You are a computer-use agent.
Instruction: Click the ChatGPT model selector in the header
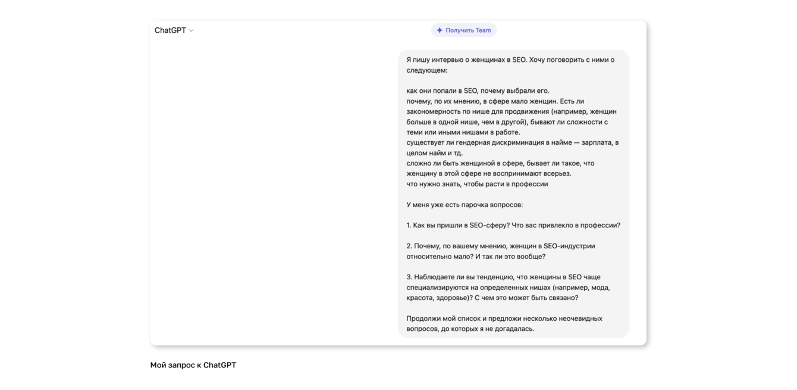pyautogui.click(x=171, y=30)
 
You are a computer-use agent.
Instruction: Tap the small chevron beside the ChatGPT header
pyautogui.click(x=192, y=30)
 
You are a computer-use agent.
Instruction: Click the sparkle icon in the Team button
pyautogui.click(x=440, y=30)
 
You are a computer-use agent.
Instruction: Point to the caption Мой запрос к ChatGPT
pyautogui.click(x=193, y=365)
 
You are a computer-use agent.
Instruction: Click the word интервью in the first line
pyautogui.click(x=451, y=60)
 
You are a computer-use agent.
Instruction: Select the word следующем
pyautogui.click(x=426, y=70)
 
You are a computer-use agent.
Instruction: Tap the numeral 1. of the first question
pyautogui.click(x=409, y=225)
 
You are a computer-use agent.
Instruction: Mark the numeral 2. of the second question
pyautogui.click(x=409, y=246)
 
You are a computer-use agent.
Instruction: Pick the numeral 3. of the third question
pyautogui.click(x=409, y=277)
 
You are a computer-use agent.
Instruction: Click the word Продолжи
pyautogui.click(x=423, y=319)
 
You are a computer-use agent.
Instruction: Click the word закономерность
pyautogui.click(x=434, y=111)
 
